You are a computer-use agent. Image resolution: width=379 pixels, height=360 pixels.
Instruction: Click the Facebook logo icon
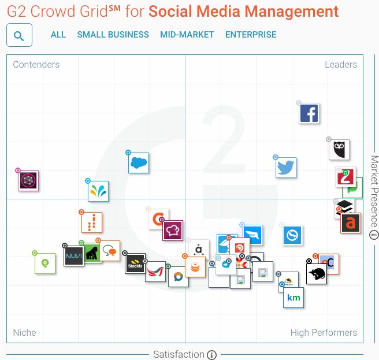[x=310, y=113]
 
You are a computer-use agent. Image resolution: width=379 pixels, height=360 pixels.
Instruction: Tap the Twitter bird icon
[x=286, y=168]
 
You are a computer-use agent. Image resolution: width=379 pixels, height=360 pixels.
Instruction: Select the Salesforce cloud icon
[x=139, y=163]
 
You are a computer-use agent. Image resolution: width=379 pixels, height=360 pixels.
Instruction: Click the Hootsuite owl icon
[x=339, y=150]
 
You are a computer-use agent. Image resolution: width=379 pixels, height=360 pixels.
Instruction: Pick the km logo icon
[x=293, y=298]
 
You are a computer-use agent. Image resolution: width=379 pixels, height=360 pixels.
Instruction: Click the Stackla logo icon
[x=135, y=264]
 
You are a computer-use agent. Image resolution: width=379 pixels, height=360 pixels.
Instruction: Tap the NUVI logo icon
[x=74, y=255]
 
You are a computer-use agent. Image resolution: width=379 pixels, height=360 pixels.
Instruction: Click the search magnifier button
[x=19, y=35]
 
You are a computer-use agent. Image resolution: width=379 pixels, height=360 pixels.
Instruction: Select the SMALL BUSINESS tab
[x=113, y=35]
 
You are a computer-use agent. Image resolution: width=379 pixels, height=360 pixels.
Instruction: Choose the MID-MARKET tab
[x=187, y=35]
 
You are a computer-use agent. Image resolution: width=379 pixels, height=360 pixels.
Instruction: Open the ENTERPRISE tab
[x=251, y=35]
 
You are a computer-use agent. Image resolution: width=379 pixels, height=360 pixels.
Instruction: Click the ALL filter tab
[x=58, y=35]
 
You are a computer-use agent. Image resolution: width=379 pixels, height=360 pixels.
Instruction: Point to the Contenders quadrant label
[x=36, y=65]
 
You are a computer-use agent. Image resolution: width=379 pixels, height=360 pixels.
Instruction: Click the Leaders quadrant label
[x=341, y=65]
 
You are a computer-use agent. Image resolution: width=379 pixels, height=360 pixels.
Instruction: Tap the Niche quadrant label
[x=25, y=333]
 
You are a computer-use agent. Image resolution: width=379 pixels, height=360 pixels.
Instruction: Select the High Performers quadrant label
[x=324, y=333]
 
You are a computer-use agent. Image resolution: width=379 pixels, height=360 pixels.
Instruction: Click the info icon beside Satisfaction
[x=211, y=355]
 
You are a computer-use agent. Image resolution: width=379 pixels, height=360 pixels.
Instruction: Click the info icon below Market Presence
[x=374, y=235]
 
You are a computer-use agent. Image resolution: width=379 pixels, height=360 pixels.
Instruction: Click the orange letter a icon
[x=350, y=223]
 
